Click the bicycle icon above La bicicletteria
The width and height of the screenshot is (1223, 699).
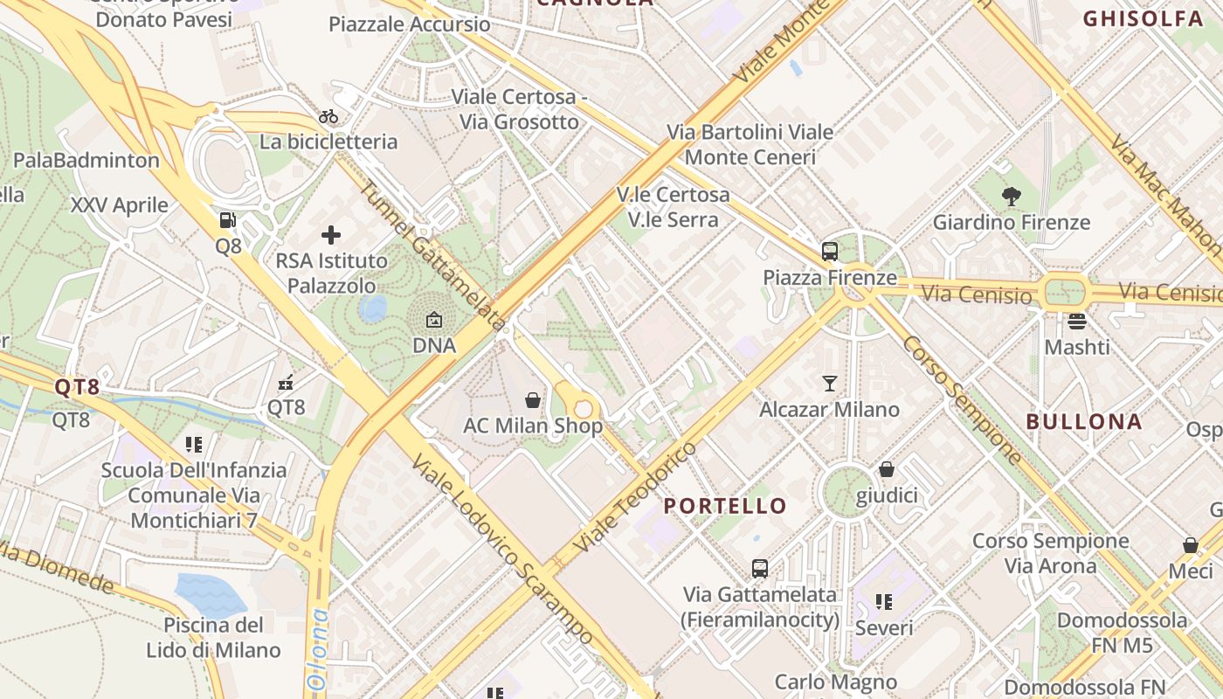(328, 116)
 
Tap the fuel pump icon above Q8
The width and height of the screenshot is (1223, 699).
(227, 220)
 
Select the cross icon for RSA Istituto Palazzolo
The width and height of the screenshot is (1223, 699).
(331, 234)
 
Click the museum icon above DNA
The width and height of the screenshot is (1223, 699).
(434, 320)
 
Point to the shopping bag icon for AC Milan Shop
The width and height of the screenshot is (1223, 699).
(533, 400)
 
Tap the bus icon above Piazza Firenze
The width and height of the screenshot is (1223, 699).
(829, 252)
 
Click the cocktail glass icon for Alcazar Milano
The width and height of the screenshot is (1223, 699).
(829, 383)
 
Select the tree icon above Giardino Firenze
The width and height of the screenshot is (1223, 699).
(1012, 197)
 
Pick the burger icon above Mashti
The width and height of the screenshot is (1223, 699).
(1077, 321)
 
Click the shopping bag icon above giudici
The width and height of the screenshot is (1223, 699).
(887, 469)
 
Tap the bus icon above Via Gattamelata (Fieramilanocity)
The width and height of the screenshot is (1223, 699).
(760, 569)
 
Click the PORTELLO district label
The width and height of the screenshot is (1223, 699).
(725, 506)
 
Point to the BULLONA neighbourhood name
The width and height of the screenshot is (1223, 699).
(1083, 421)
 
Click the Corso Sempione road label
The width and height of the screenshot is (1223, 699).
(962, 399)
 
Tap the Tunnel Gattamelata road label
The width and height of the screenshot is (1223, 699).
(432, 254)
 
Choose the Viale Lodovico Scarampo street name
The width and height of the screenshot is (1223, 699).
(503, 550)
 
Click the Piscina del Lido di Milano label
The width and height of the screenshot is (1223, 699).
(213, 638)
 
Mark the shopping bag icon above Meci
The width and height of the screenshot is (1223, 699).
(1190, 545)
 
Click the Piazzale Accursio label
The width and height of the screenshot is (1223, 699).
(409, 24)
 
